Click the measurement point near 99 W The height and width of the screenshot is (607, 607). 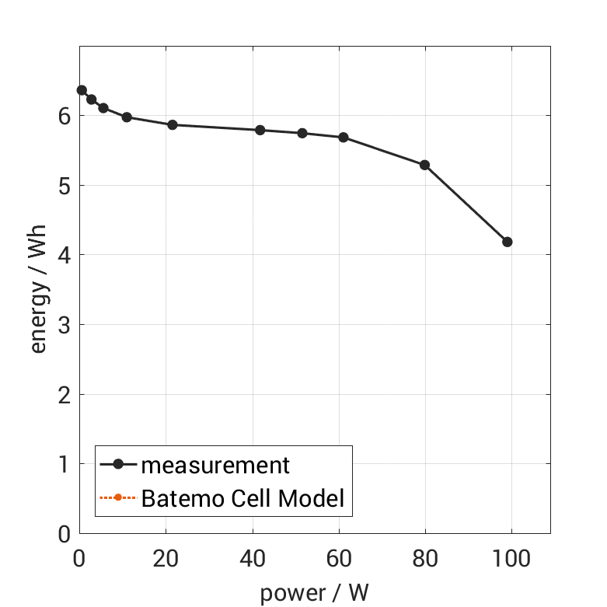click(x=508, y=242)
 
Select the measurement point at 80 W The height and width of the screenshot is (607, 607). click(x=425, y=165)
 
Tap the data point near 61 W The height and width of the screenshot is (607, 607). click(x=343, y=138)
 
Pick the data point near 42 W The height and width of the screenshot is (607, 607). click(x=260, y=130)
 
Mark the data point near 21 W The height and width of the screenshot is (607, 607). click(x=173, y=124)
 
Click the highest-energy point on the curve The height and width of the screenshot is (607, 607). click(x=82, y=90)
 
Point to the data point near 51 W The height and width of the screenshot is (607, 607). click(x=302, y=133)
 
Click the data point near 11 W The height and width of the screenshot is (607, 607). click(x=127, y=117)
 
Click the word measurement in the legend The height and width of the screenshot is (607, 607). click(x=215, y=466)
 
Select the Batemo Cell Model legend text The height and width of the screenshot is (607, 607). click(x=242, y=497)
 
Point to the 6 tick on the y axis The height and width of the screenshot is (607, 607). click(x=65, y=116)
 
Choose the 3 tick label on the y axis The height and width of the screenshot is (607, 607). click(x=65, y=325)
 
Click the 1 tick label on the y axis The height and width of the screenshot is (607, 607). click(x=65, y=464)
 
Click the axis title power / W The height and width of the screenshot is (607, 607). click(x=314, y=592)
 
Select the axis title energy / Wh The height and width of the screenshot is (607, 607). click(x=38, y=289)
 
